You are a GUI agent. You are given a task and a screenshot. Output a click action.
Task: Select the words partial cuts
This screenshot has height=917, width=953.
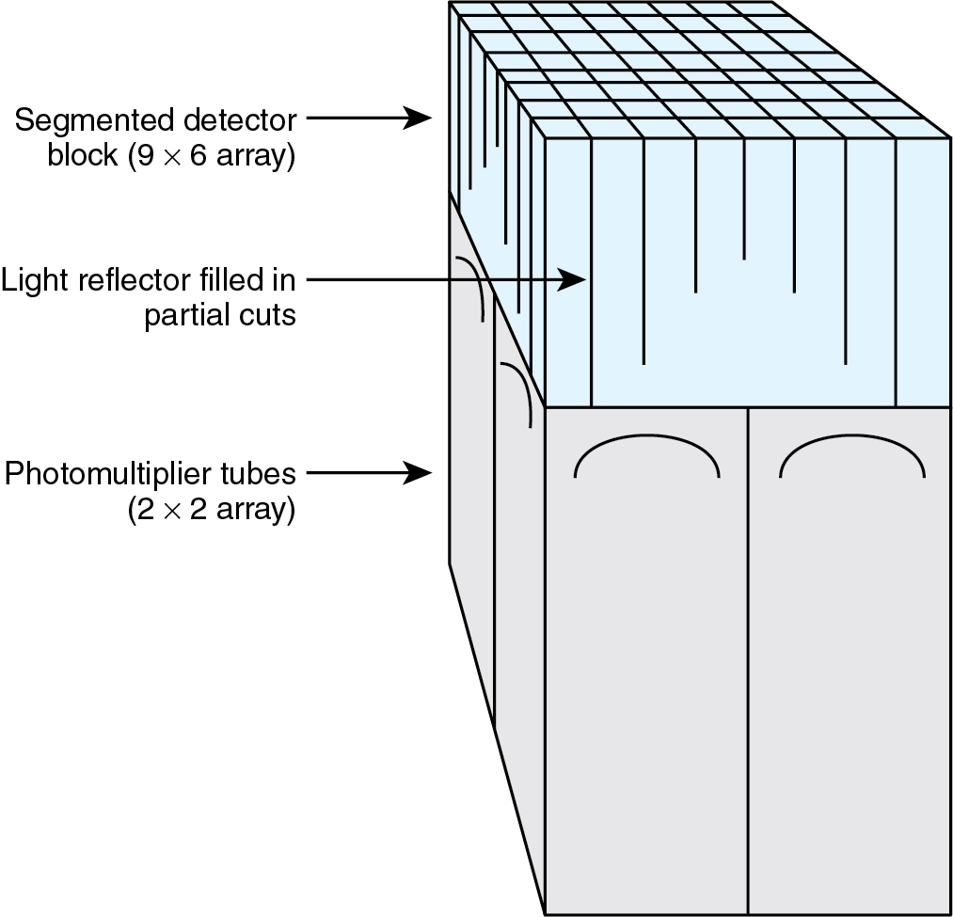[220, 315]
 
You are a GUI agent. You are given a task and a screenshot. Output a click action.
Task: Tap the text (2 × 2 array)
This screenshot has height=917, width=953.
[212, 510]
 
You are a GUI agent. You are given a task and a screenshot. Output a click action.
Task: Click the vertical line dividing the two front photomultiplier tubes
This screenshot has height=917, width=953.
[748, 658]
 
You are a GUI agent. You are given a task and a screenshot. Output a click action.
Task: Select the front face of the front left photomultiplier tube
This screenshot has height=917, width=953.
[646, 677]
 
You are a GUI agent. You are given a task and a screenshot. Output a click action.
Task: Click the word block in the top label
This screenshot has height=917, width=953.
[82, 156]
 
